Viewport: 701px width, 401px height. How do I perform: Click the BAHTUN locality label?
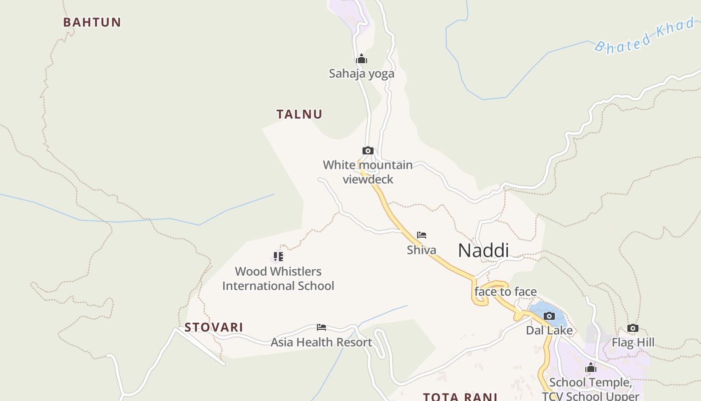point(92,22)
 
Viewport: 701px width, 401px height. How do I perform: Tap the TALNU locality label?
point(299,114)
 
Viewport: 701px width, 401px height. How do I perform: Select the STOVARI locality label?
point(214,327)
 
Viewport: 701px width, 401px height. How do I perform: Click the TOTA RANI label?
point(460,396)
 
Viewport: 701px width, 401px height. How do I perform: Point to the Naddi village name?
point(483,251)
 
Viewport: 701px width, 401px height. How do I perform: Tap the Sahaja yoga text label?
point(362,74)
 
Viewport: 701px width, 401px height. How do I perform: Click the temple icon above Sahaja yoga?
point(362,59)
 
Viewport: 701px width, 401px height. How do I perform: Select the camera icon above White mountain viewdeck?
point(368,150)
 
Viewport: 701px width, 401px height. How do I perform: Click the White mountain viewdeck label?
point(368,172)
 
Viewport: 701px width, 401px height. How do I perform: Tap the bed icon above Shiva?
point(422,235)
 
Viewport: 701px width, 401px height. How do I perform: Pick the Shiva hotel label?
point(422,250)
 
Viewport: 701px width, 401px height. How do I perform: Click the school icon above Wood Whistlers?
point(278,257)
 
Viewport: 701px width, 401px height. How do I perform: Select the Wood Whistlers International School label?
point(278,279)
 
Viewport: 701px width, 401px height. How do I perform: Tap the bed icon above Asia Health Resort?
point(321,327)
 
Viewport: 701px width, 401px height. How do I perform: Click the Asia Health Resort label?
point(321,342)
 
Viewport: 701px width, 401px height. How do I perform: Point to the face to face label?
point(505,292)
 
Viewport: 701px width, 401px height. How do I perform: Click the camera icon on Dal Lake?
point(549,316)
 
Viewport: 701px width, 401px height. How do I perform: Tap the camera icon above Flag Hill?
point(633,328)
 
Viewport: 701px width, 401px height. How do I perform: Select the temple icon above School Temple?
point(591,367)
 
